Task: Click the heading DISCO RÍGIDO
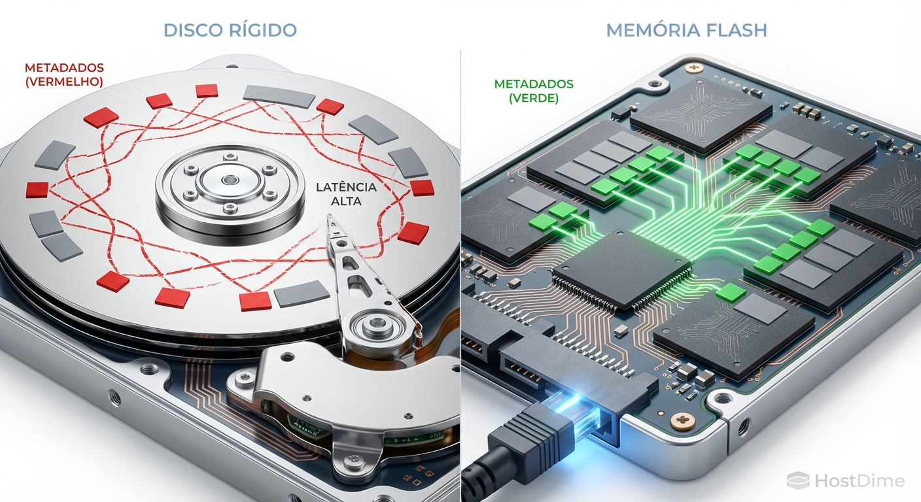click(230, 30)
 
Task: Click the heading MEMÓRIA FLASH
click(687, 31)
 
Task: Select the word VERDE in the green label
click(534, 99)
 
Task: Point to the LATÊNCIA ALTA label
click(346, 194)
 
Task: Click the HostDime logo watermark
click(846, 480)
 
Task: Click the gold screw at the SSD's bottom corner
click(683, 420)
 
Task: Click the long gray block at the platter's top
click(279, 96)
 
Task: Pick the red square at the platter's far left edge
click(37, 190)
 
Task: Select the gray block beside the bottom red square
click(302, 293)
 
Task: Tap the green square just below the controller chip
click(731, 292)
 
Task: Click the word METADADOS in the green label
click(534, 84)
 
